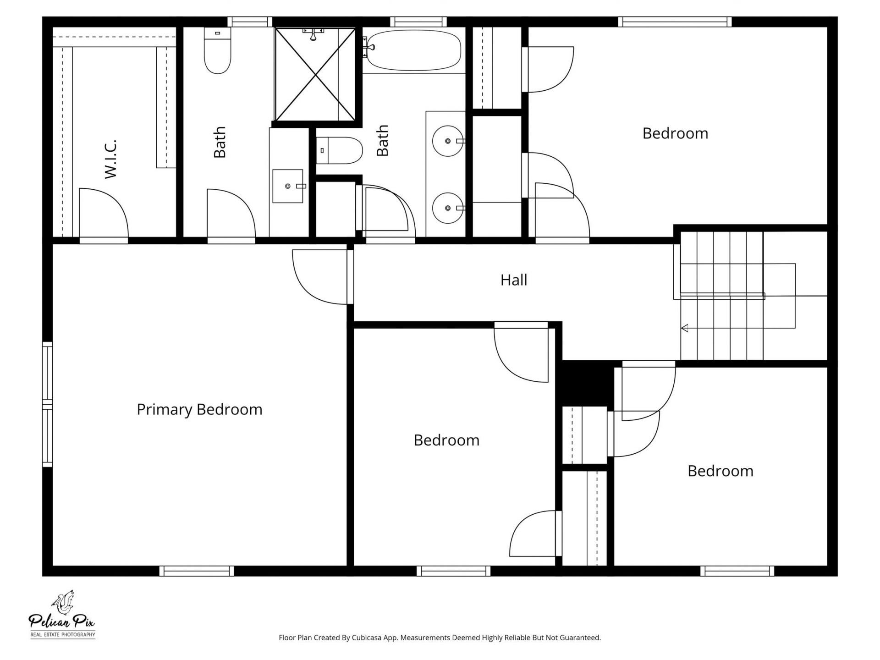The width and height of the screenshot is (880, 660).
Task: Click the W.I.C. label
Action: (x=111, y=159)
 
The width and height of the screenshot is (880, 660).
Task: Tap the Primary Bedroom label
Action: (x=199, y=409)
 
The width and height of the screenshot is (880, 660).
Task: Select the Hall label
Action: (x=513, y=280)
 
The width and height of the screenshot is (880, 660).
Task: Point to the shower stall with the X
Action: (x=315, y=74)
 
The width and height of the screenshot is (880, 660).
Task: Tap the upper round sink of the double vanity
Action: (x=448, y=141)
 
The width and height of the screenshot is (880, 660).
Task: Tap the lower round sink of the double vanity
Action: (x=448, y=208)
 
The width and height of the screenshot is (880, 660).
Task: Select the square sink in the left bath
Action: (x=288, y=186)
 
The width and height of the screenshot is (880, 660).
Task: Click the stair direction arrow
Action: (x=685, y=328)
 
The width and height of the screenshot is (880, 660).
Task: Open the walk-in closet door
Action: (x=103, y=213)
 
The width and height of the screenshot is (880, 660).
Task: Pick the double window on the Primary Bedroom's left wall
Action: (x=47, y=404)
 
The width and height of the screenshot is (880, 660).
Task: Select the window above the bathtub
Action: (x=418, y=21)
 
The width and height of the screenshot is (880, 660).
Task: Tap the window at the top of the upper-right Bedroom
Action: (x=674, y=21)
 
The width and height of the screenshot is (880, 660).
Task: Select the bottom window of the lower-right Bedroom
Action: (x=737, y=571)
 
